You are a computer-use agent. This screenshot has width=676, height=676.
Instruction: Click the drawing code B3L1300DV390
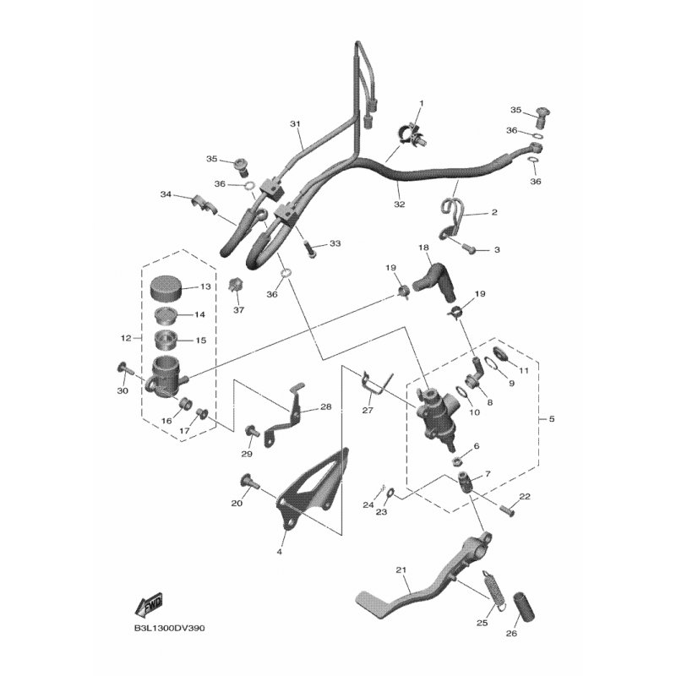pos(169,628)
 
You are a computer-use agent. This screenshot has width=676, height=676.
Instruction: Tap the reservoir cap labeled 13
pos(166,286)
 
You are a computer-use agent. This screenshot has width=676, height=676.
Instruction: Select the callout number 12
pos(125,339)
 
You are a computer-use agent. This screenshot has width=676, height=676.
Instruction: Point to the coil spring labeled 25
pos(492,589)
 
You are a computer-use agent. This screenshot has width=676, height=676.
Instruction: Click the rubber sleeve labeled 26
pos(523,607)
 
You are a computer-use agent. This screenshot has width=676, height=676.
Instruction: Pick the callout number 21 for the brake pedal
pos(401,570)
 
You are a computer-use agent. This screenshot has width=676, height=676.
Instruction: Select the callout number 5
pos(552,419)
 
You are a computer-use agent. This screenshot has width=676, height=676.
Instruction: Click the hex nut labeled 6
pos(457,461)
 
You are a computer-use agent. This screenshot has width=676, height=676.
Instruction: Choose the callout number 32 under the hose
pos(399,204)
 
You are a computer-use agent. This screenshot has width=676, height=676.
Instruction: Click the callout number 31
pos(295,124)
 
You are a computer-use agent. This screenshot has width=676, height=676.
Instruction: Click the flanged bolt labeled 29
pos(251,431)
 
